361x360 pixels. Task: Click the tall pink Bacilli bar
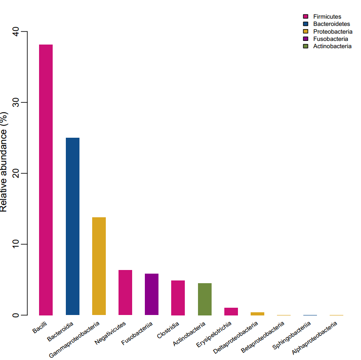46,180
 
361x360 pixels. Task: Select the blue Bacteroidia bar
73,226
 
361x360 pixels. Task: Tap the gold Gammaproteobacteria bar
99,266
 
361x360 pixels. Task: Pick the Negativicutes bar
125,292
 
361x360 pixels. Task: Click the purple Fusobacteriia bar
152,294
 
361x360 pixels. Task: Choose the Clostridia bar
178,298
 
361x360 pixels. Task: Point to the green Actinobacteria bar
205,299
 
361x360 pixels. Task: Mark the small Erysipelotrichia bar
231,311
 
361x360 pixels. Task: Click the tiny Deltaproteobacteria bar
257,314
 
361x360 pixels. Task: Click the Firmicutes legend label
327,17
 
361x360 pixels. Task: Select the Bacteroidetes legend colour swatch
306,24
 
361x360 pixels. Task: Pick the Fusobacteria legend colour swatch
306,39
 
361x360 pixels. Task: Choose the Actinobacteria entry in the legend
332,46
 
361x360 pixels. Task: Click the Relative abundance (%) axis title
4,161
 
